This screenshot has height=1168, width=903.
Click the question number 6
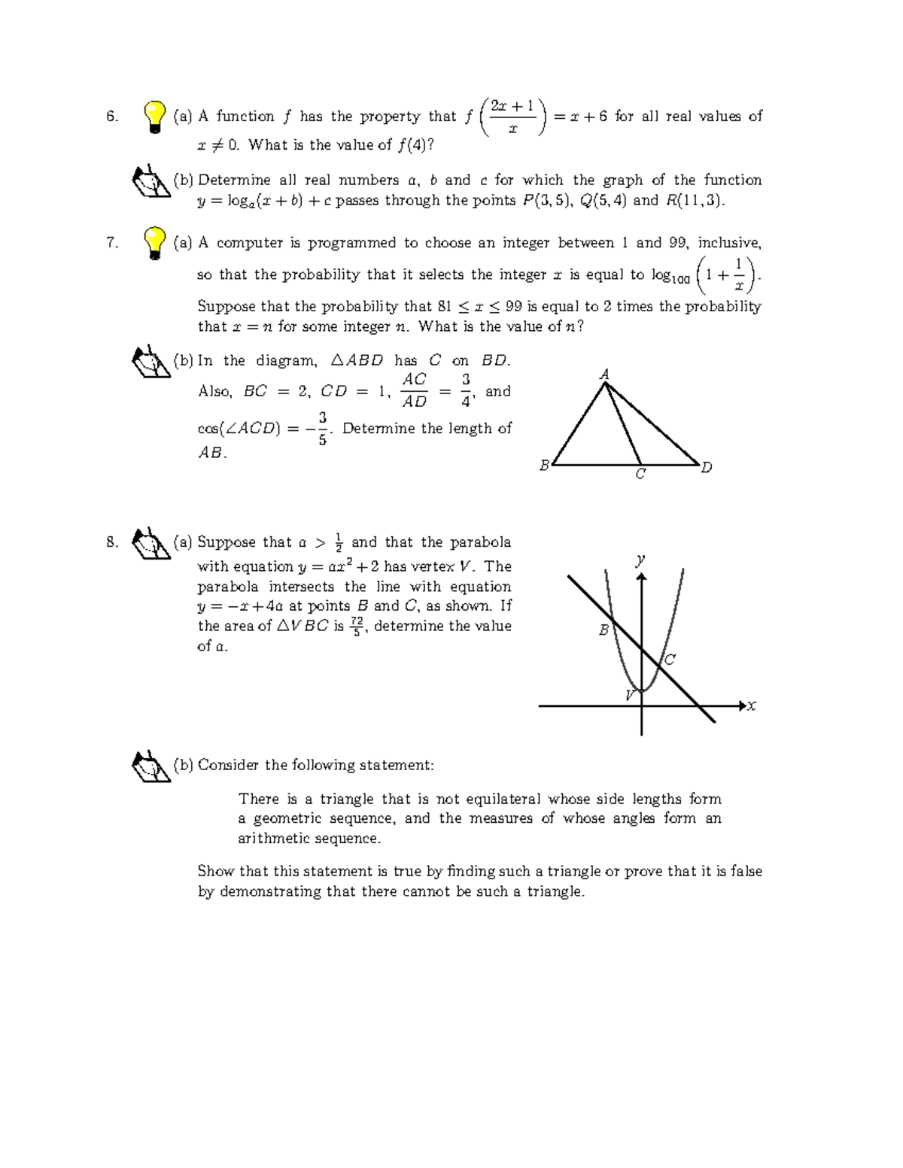pyautogui.click(x=111, y=117)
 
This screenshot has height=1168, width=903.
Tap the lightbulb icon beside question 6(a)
pyautogui.click(x=154, y=117)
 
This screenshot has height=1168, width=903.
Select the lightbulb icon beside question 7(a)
pyautogui.click(x=154, y=243)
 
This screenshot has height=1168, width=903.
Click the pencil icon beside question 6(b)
pyautogui.click(x=150, y=181)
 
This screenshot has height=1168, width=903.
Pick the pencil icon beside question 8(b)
pyautogui.click(x=150, y=766)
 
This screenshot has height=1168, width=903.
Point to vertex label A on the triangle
pyautogui.click(x=604, y=374)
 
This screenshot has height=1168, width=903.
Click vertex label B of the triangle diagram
pyautogui.click(x=544, y=466)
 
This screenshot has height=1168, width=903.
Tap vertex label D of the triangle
pyautogui.click(x=706, y=468)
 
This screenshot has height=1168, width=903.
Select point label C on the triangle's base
pyautogui.click(x=640, y=475)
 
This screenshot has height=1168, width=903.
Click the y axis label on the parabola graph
pyautogui.click(x=640, y=560)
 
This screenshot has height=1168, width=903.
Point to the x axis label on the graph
pyautogui.click(x=751, y=705)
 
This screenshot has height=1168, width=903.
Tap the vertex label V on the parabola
pyautogui.click(x=631, y=695)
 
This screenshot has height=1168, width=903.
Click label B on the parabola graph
pyautogui.click(x=603, y=630)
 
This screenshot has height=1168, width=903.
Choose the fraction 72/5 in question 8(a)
pyautogui.click(x=357, y=626)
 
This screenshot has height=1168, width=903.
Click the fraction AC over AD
pyautogui.click(x=415, y=390)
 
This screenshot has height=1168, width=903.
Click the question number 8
pyautogui.click(x=111, y=542)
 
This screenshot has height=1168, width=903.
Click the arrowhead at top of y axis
pyautogui.click(x=641, y=576)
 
